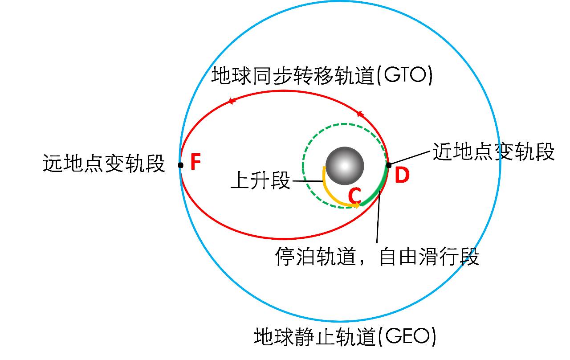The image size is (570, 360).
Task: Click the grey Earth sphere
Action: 344,166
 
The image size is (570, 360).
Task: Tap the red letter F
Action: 195,163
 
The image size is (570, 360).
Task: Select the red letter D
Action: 402,176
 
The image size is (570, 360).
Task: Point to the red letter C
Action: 354,196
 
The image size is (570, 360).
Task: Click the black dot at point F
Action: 180,165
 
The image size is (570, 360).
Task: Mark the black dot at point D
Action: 388,165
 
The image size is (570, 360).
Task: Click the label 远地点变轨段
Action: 104,164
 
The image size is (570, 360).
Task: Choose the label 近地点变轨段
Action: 493,152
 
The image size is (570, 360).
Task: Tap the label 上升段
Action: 261,181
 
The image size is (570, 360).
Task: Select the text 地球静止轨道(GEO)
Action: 345,337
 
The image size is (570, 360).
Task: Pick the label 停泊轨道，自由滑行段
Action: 377,257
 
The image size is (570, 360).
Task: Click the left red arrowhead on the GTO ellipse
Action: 231,101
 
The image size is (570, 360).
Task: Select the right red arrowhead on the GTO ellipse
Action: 360,115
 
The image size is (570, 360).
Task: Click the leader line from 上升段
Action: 308,181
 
